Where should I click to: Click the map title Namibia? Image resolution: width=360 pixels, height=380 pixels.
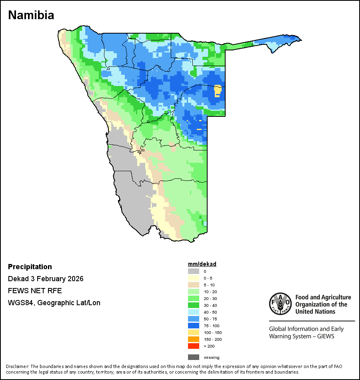click(31, 15)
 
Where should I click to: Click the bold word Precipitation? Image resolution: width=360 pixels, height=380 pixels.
click(30, 267)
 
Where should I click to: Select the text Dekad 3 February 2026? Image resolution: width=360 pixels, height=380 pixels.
click(46, 279)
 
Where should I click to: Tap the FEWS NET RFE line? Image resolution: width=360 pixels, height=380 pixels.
click(35, 291)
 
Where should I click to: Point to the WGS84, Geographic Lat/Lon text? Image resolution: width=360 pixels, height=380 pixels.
click(54, 303)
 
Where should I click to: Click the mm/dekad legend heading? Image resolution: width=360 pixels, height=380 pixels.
click(202, 264)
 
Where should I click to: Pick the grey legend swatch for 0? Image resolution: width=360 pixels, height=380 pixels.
click(194, 271)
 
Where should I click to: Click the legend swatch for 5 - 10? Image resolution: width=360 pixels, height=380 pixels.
click(194, 285)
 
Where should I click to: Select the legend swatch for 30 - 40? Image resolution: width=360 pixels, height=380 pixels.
click(194, 305)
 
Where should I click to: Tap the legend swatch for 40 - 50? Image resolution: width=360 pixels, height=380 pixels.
click(194, 312)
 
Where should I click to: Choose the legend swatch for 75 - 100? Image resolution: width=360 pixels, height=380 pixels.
click(194, 326)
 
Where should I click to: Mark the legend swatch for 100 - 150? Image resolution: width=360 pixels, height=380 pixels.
click(194, 332)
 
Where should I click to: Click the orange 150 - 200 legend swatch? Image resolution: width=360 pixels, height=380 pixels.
click(194, 339)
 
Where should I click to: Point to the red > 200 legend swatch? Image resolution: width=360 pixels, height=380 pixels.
click(194, 346)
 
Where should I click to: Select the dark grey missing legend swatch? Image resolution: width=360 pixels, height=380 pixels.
click(194, 357)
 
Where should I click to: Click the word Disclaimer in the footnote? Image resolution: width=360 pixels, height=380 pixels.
click(17, 366)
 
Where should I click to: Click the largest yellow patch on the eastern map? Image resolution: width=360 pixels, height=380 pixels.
click(218, 90)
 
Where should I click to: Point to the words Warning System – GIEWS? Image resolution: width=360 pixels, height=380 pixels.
click(302, 336)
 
